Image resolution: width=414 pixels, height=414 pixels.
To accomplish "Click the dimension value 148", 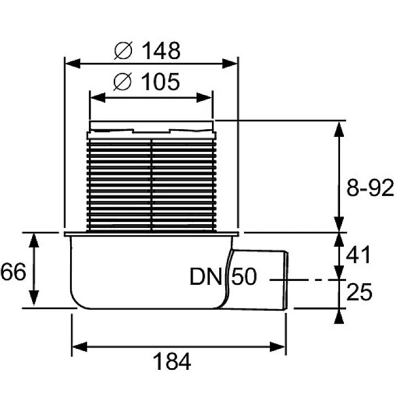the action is pos(161,50).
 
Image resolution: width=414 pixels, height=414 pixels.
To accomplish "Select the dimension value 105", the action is pos(160,82).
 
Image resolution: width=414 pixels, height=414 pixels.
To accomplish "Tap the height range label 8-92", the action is pos(370,188).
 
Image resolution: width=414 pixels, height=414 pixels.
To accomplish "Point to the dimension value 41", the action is pos(358,255).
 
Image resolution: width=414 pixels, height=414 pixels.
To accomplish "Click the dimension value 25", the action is pos(359,292).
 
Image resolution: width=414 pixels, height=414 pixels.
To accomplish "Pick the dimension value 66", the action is pos(13,272).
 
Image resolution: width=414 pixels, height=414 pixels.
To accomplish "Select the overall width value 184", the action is pos(172,362).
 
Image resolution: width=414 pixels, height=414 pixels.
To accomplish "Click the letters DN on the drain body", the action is pos(206,277).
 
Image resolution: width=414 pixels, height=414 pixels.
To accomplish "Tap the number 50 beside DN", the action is pos(244,277).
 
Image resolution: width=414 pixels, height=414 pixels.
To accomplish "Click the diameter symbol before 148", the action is pos(123,51).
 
